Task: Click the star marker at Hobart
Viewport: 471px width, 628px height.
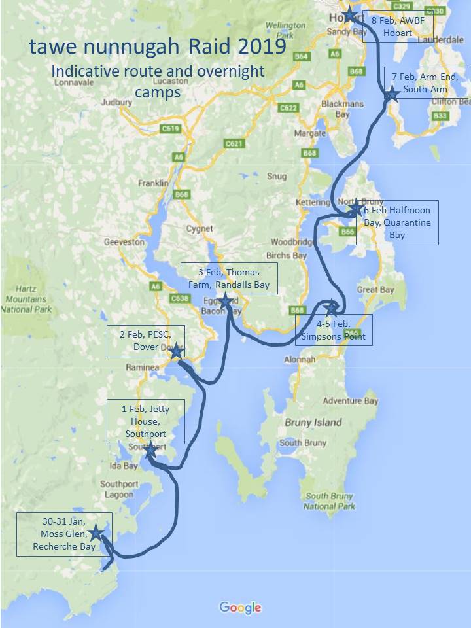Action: (x=350, y=14)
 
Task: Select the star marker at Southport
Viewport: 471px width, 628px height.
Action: (x=150, y=450)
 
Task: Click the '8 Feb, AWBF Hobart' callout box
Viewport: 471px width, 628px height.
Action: (x=397, y=26)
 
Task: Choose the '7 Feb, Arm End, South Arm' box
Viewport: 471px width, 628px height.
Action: (x=429, y=83)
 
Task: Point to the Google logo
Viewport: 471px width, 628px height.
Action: (x=240, y=608)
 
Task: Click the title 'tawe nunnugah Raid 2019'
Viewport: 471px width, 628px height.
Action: (x=156, y=48)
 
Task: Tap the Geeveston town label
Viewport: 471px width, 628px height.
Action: (x=123, y=242)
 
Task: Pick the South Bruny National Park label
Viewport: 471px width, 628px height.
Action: (x=330, y=501)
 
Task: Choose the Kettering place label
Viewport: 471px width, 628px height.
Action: (x=313, y=203)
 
